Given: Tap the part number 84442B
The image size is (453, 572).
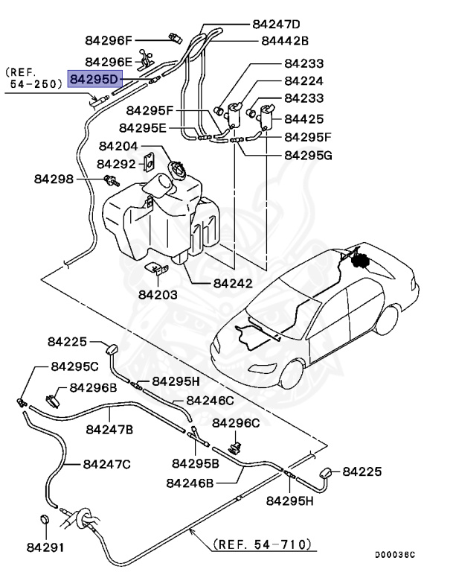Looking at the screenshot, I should point(284,41).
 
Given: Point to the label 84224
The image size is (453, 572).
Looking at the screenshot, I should point(303,81).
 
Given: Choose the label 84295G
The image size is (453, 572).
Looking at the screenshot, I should point(308,156).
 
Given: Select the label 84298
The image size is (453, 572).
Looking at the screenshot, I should point(53,179).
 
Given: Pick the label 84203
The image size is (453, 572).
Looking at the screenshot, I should point(158,294).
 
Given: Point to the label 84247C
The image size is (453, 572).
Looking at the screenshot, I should point(106,464).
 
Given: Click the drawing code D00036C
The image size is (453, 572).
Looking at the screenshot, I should point(394,555).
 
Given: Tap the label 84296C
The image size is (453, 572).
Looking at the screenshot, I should point(236,423).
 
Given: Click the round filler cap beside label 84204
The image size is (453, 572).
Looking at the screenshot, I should point(179,169).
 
